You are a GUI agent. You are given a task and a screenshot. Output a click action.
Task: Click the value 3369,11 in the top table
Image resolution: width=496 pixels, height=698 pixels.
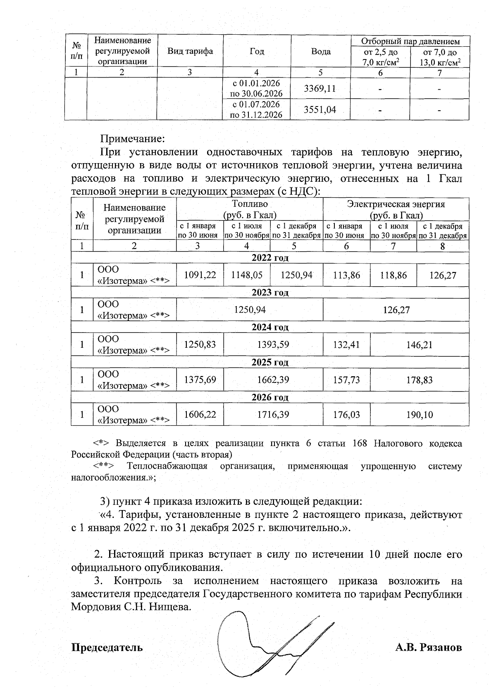click(320, 88)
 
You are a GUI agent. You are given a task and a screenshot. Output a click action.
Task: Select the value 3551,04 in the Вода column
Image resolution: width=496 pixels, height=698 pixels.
click(320, 110)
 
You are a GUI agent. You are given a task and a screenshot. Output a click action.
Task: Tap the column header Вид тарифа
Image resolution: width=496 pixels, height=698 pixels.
click(190, 51)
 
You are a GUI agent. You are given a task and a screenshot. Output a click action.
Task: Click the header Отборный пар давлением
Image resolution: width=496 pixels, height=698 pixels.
click(410, 41)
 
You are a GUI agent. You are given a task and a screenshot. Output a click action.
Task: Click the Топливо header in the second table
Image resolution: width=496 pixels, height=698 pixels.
click(250, 204)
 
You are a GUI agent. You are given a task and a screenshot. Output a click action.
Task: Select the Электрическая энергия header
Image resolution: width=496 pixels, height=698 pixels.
click(396, 204)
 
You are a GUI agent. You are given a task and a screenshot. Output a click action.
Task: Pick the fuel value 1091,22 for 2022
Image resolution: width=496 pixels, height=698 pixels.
click(200, 275)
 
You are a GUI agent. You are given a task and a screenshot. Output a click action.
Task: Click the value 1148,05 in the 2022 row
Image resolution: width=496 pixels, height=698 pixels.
click(247, 275)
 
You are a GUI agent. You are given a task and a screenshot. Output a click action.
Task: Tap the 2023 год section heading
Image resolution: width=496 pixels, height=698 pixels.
click(270, 292)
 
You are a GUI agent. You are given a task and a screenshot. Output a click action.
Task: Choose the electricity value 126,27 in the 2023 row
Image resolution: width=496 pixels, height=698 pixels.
click(396, 310)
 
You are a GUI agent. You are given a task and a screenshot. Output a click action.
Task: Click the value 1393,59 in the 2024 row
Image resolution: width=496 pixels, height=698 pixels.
click(273, 344)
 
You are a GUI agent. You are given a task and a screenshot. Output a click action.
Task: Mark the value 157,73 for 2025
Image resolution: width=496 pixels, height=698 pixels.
click(346, 380)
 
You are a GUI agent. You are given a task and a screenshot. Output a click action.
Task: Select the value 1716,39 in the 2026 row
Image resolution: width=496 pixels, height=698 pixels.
click(273, 414)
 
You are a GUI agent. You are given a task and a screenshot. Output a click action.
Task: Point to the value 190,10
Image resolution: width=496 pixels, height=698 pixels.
click(419, 414)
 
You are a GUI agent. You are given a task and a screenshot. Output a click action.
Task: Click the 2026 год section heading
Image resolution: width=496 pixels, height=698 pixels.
click(270, 397)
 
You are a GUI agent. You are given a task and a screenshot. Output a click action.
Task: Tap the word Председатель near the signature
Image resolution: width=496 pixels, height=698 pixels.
click(107, 647)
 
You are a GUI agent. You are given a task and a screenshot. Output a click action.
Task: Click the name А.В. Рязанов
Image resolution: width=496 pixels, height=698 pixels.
click(428, 647)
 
